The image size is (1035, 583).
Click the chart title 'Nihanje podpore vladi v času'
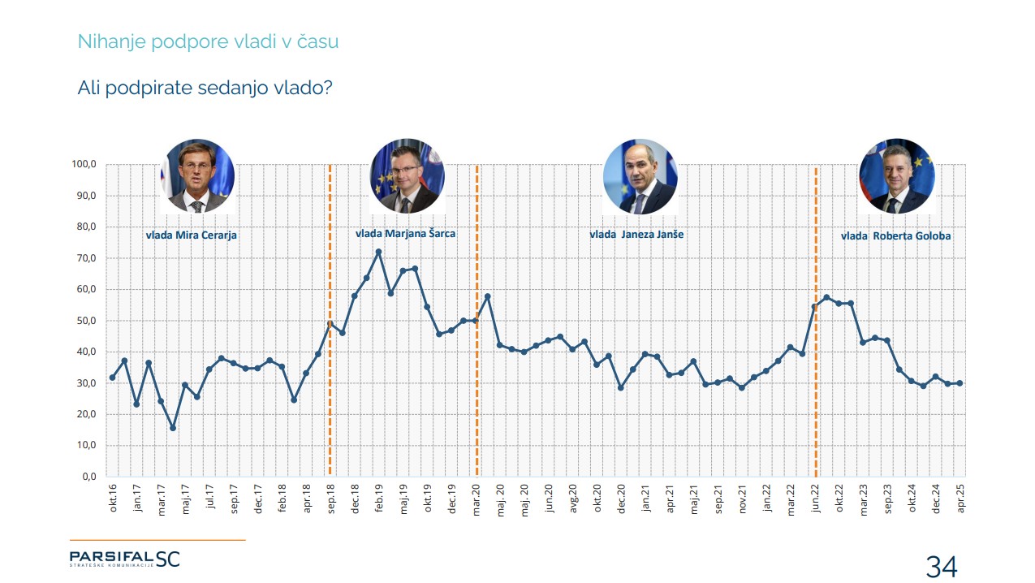[208, 42]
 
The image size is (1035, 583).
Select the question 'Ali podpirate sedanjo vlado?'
[205, 88]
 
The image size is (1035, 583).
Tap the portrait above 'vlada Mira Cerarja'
[197, 176]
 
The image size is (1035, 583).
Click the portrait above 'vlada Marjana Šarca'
[407, 176]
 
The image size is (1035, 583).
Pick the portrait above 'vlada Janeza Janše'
[640, 176]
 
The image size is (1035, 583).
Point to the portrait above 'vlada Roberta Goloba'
[896, 176]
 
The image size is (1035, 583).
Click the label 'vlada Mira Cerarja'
[192, 235]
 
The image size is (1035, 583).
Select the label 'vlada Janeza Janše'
[636, 234]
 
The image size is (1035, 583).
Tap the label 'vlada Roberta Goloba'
[896, 235]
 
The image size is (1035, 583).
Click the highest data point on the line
[378, 252]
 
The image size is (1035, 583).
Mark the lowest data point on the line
[173, 428]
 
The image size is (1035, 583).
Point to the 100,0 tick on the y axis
[84, 165]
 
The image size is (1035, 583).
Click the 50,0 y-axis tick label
[85, 321]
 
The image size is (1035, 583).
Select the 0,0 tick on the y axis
[88, 477]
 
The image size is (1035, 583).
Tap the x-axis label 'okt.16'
[113, 497]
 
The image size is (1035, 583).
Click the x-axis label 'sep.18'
[330, 497]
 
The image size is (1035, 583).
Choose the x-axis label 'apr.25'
[960, 497]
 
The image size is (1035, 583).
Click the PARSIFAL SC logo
[124, 558]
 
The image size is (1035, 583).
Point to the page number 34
[942, 567]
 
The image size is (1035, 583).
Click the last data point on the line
[960, 383]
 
